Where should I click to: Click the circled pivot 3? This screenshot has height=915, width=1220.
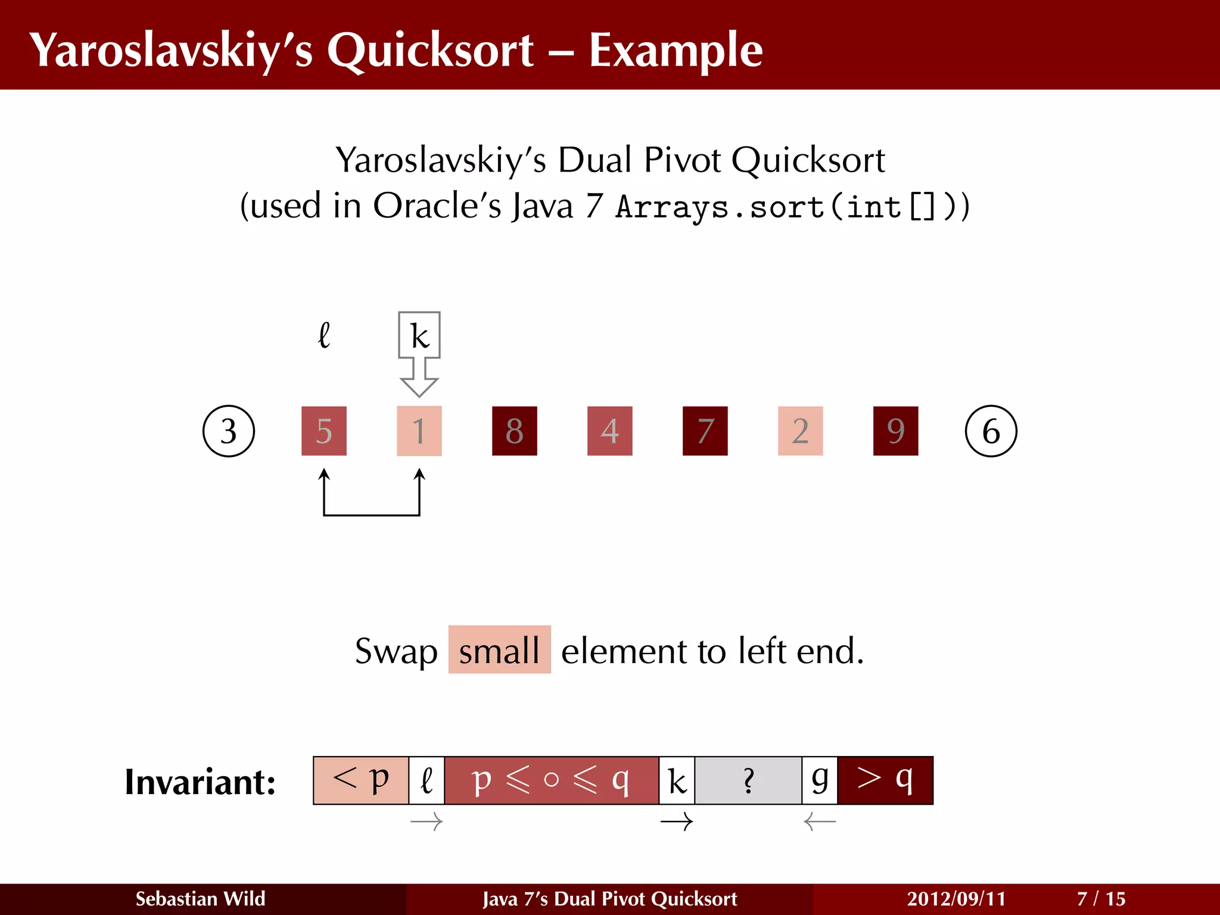229,431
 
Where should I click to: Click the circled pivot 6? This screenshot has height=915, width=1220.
991,431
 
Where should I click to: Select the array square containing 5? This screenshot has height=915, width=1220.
324,431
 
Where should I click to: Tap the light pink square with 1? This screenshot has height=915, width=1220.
419,431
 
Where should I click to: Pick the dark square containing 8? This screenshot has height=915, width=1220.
515,431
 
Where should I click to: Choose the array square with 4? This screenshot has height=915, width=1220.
610,431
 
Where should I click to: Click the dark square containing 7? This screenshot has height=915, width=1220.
705,431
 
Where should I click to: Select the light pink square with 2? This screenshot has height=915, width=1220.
801,431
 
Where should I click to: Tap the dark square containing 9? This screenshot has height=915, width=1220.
895,431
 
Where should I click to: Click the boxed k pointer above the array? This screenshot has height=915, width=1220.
419,336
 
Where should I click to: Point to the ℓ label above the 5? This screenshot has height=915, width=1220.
324,335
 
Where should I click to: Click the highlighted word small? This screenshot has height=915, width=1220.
499,650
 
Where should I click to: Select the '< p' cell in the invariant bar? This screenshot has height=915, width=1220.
361,780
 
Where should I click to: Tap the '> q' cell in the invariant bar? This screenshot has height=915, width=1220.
885,780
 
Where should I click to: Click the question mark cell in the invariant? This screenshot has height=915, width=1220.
748,780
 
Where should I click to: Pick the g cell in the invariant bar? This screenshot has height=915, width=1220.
820,780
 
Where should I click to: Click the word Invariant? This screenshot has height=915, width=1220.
200,782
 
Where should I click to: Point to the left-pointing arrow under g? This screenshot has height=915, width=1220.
820,823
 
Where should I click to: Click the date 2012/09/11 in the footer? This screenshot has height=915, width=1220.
956,899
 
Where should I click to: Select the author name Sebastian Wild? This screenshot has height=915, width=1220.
200,899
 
